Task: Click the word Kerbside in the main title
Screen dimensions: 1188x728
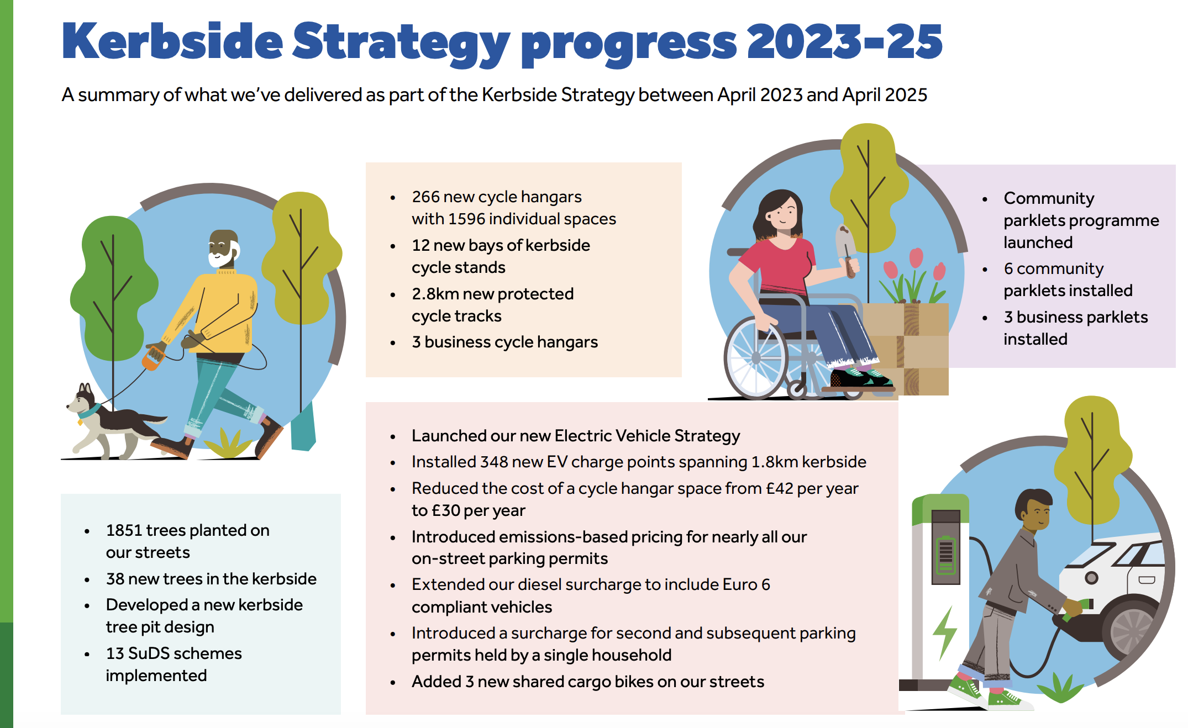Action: click(x=172, y=41)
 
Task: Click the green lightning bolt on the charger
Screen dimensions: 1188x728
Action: click(x=945, y=633)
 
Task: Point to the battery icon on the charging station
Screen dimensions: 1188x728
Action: click(x=946, y=555)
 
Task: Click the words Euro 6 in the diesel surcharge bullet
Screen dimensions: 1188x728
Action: click(x=747, y=584)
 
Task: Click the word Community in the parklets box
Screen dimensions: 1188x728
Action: click(x=1049, y=198)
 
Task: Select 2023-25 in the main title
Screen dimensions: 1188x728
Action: click(x=845, y=41)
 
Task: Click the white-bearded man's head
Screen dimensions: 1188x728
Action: click(x=224, y=249)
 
